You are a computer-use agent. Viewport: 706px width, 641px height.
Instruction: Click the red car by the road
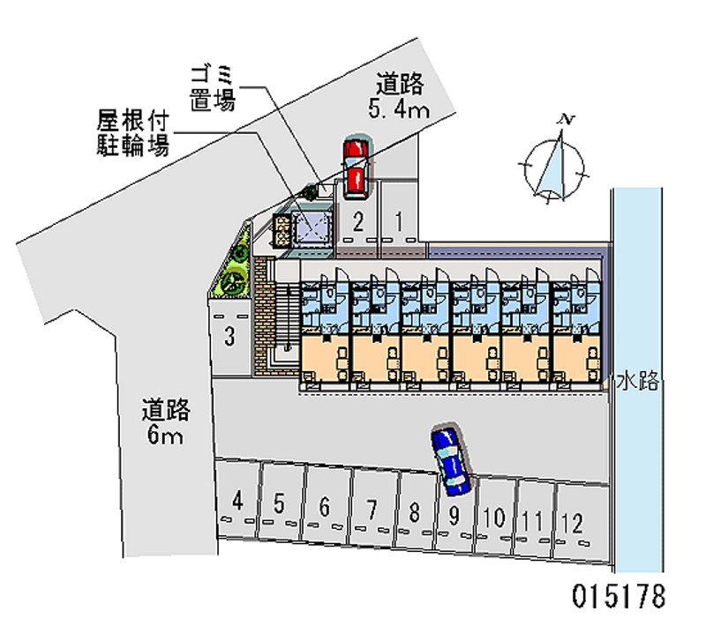click(x=355, y=167)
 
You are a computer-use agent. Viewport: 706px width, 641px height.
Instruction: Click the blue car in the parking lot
click(x=450, y=458)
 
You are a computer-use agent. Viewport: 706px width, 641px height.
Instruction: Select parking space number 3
click(x=229, y=335)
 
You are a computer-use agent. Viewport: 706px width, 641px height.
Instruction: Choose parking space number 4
click(x=237, y=503)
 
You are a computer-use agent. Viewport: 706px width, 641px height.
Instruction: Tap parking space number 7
click(x=372, y=509)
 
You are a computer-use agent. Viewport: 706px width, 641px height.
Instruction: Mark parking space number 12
click(x=574, y=523)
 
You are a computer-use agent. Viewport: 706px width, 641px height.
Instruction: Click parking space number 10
click(x=495, y=518)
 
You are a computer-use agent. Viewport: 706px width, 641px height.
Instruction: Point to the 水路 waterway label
click(x=637, y=381)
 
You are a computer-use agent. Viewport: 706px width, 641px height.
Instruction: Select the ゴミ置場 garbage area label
click(x=212, y=87)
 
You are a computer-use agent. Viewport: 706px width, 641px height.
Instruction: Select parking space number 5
click(x=280, y=504)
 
